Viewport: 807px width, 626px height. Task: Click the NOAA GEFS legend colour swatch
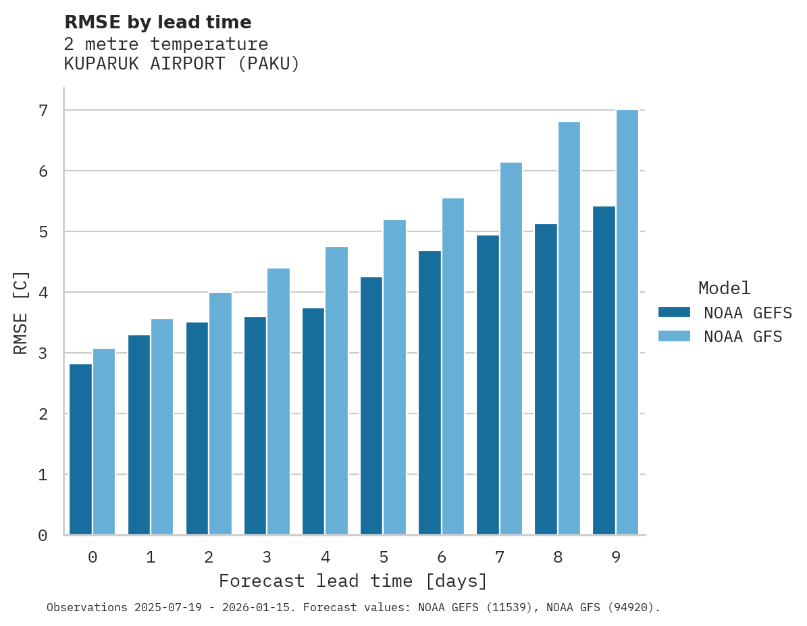tap(674, 312)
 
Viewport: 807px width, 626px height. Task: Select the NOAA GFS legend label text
tap(743, 337)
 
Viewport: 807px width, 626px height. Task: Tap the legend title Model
tap(724, 289)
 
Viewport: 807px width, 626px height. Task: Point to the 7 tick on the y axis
tap(43, 111)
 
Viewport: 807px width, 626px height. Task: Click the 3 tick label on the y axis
tap(43, 353)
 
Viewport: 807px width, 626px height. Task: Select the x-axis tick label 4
tap(326, 558)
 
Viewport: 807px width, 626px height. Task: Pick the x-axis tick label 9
tap(616, 558)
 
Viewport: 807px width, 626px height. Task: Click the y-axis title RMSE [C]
tap(21, 312)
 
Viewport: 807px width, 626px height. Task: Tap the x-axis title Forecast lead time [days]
tap(353, 581)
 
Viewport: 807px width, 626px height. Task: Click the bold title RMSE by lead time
tap(157, 22)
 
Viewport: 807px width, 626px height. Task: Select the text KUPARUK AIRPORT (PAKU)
tap(182, 64)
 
